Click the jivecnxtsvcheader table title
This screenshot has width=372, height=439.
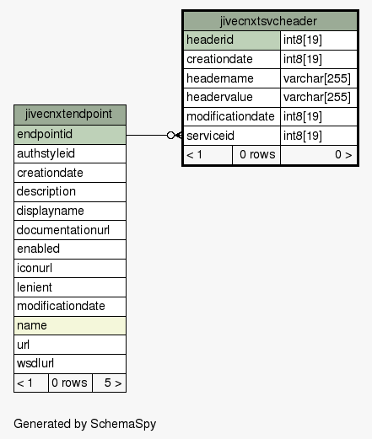[x=268, y=21]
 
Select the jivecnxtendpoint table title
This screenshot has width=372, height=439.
[x=68, y=115]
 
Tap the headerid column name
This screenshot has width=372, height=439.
[x=210, y=40]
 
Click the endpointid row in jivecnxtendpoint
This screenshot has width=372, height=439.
[x=70, y=135]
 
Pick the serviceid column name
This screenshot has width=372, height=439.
[x=210, y=136]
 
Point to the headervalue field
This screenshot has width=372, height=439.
[x=219, y=97]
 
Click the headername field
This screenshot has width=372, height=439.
[x=220, y=78]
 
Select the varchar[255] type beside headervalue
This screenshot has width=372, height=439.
[x=317, y=97]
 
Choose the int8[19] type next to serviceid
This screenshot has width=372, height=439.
[x=303, y=136]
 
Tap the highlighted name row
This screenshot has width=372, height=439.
[x=70, y=326]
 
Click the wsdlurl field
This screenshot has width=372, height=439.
[x=35, y=363]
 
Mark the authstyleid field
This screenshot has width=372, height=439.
[x=46, y=153]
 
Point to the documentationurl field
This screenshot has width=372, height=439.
[x=63, y=230]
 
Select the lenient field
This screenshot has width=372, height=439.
[x=35, y=287]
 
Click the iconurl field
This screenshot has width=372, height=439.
[x=35, y=268]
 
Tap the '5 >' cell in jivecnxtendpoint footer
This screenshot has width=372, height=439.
[x=109, y=383]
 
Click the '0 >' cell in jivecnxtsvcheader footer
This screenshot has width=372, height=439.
[x=319, y=155]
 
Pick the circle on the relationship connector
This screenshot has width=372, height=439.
[x=170, y=136]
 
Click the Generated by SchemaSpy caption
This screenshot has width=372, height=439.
[x=85, y=424]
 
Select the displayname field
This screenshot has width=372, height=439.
[x=51, y=211]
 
